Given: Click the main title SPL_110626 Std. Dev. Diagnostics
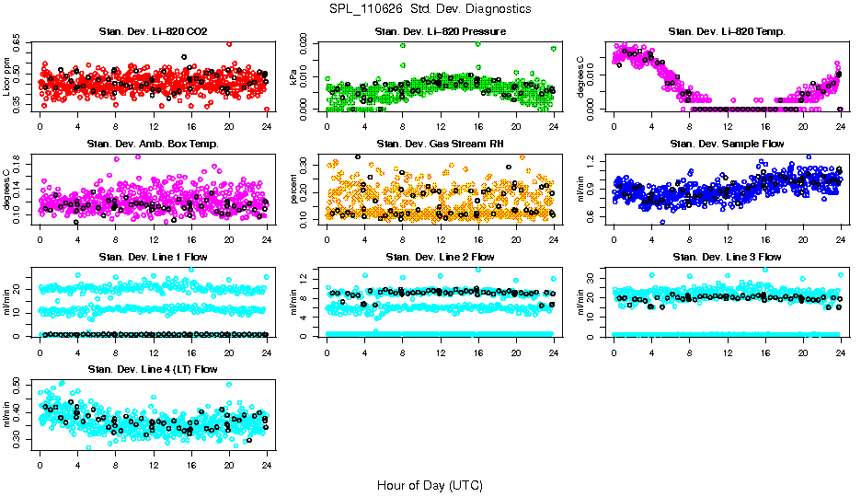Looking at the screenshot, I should (430, 8).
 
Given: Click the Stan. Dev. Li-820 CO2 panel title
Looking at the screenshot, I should (153, 32).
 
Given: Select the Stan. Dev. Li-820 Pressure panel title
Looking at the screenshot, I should (440, 32).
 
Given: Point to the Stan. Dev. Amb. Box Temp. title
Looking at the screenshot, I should (153, 144).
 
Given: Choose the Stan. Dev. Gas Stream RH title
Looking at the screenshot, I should (440, 144).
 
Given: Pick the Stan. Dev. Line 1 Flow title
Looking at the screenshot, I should (153, 257).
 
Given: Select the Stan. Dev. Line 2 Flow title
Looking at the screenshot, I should (440, 257).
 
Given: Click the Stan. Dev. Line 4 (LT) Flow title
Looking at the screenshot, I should (153, 369).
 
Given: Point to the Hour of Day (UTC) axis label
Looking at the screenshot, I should (430, 484).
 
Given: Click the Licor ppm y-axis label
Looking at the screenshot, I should (7, 76).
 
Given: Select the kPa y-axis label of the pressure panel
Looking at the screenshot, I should (294, 76).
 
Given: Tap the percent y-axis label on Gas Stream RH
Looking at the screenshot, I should (294, 189).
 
